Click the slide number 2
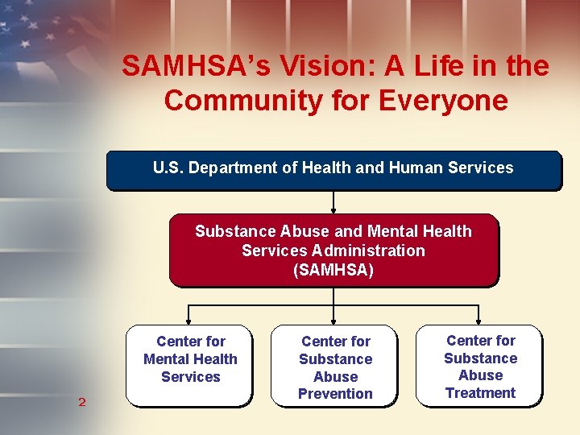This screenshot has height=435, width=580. (x=81, y=401)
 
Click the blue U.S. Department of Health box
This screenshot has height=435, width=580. (x=333, y=169)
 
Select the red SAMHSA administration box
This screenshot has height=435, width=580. (x=333, y=250)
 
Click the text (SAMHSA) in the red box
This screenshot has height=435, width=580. (x=333, y=270)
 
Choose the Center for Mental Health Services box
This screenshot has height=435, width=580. (x=190, y=364)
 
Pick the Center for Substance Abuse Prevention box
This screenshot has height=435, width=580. (x=335, y=366)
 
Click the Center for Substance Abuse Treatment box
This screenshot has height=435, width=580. (x=480, y=365)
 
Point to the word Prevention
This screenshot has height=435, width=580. (x=335, y=394)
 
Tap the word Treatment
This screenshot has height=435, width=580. (x=480, y=393)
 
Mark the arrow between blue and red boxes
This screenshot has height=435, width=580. (x=333, y=201)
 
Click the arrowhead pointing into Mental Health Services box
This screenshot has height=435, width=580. (x=188, y=321)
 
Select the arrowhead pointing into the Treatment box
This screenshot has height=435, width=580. (x=478, y=321)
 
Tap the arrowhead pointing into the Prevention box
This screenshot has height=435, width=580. (x=333, y=321)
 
